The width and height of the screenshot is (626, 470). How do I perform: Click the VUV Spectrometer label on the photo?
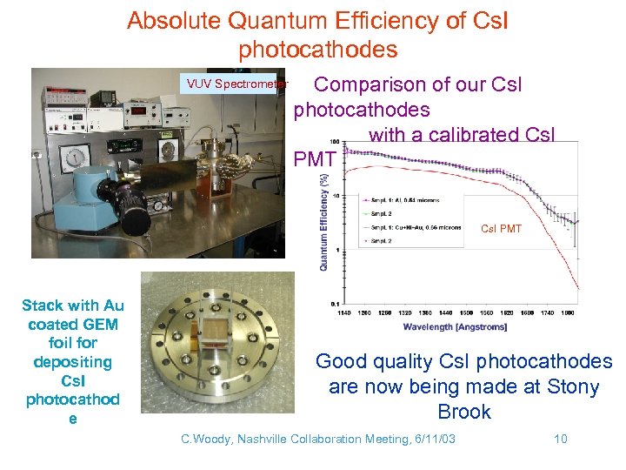point(232,84)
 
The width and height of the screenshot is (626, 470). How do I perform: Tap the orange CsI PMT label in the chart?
point(502,229)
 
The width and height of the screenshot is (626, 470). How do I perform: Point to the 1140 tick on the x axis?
point(345,312)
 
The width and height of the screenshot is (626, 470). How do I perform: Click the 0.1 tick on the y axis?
point(335,303)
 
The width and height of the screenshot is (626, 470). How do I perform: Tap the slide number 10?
point(560,439)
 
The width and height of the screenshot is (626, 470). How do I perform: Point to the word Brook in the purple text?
point(464,412)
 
